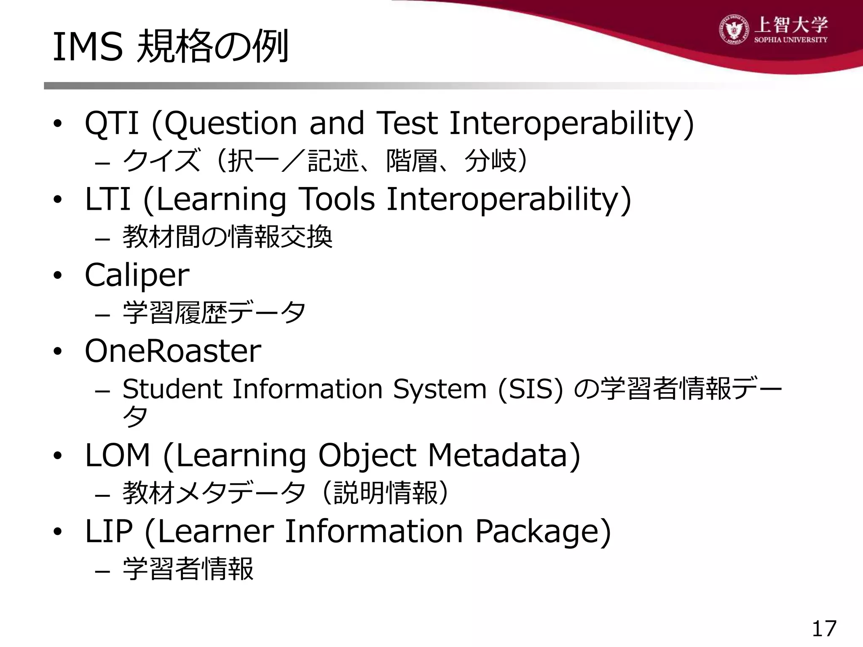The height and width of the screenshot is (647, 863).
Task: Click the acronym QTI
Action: coord(112,123)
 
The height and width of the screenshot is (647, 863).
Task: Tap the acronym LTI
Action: coord(107,199)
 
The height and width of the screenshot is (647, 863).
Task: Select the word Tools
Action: coord(336,199)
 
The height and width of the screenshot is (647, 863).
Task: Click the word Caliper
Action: coord(137,275)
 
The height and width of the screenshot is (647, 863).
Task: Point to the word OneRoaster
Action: coord(173,351)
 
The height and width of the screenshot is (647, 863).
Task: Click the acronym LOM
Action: coord(117,456)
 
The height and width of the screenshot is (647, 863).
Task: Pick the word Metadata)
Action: coord(504,456)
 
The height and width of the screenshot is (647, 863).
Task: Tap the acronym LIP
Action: coord(109,531)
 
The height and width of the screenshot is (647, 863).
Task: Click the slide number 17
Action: coord(824,629)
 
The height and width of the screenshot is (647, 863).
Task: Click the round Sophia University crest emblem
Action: coord(734,29)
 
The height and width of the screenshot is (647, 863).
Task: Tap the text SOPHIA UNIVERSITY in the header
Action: coord(791,40)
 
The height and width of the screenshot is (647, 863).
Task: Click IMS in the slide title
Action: coord(88,47)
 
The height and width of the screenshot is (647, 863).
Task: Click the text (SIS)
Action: coord(530,389)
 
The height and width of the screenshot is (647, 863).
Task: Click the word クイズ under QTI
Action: coord(161,161)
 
